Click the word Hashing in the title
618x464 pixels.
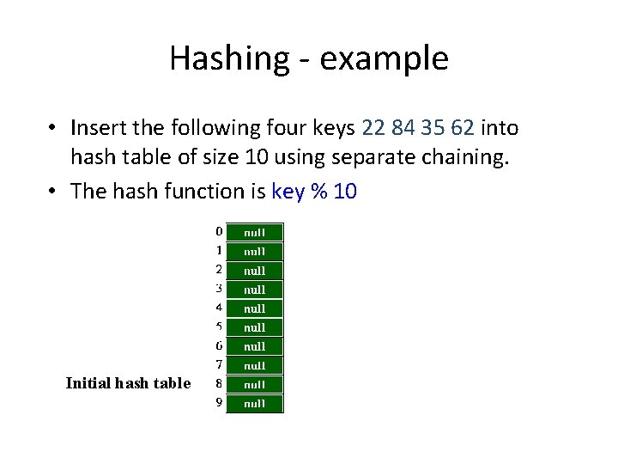(x=219, y=58)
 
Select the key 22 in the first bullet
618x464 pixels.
(x=374, y=128)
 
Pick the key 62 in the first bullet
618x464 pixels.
(x=462, y=128)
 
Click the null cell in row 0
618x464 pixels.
(x=254, y=232)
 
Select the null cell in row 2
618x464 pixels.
(x=254, y=270)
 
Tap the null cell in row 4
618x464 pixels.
(x=254, y=308)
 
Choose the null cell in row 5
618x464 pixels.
(x=254, y=327)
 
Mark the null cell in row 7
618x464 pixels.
(x=254, y=365)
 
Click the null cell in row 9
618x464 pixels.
(x=254, y=403)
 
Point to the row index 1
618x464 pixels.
(x=219, y=250)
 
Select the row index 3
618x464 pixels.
(x=219, y=288)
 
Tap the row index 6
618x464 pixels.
(x=219, y=345)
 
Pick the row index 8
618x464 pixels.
(x=219, y=383)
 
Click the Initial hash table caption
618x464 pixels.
(x=128, y=383)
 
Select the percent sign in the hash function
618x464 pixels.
(x=320, y=192)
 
